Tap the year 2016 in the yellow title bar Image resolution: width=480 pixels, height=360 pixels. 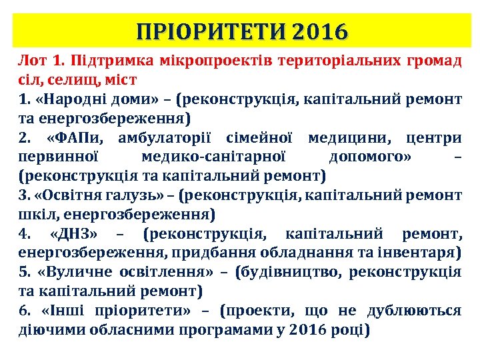321,31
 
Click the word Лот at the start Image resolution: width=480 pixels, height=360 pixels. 32,62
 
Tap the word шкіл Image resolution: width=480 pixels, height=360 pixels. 34,215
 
